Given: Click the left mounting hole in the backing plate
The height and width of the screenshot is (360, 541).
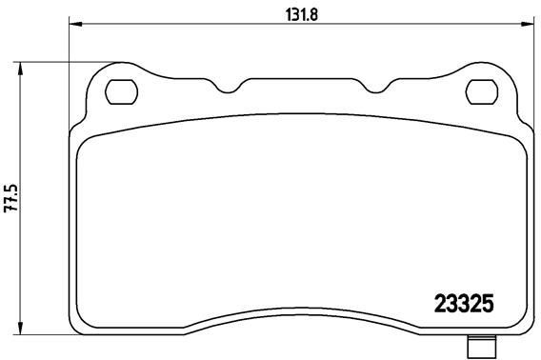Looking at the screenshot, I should (x=119, y=91).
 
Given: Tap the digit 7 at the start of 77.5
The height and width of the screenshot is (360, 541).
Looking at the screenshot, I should (x=10, y=211).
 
